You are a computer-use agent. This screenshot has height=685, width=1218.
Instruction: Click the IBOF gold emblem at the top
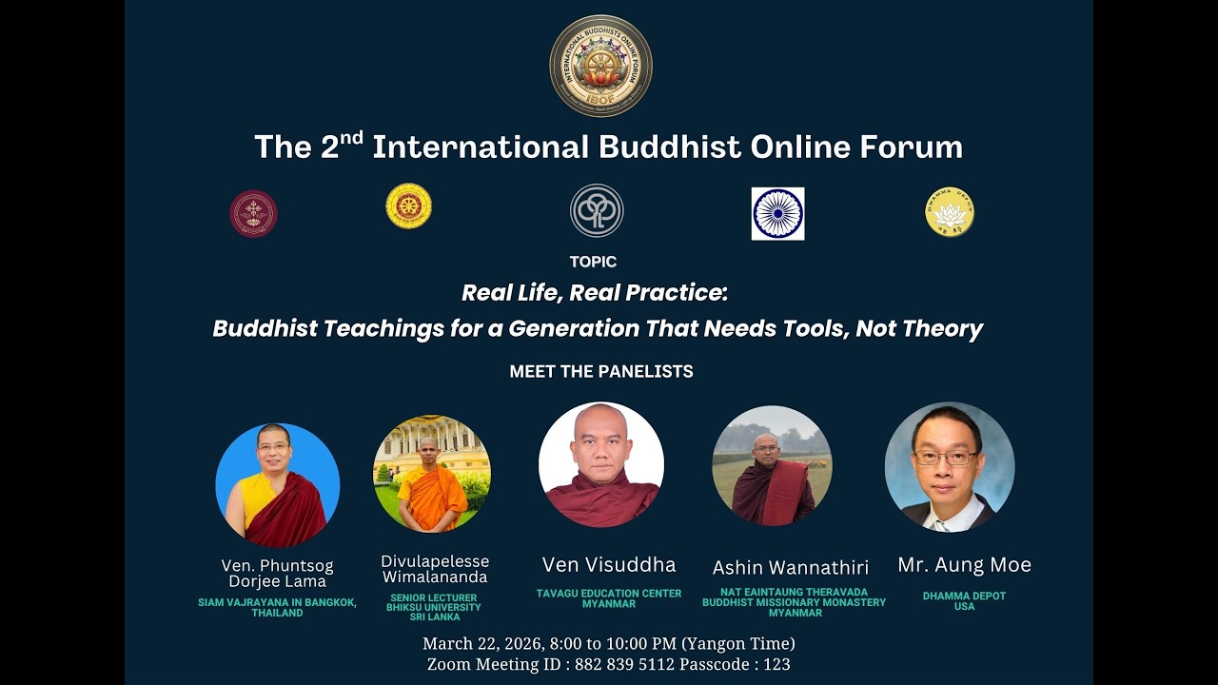(600, 66)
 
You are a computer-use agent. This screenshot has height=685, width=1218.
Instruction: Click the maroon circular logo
(253, 213)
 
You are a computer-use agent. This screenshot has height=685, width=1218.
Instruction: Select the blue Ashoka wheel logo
(777, 213)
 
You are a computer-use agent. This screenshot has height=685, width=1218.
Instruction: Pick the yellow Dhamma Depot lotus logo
(950, 211)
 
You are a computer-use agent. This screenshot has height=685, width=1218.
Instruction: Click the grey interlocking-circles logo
(597, 210)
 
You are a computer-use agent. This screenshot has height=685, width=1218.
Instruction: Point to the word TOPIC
(593, 262)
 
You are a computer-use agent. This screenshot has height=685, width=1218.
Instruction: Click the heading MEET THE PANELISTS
(601, 372)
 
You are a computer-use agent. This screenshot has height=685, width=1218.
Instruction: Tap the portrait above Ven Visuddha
(601, 464)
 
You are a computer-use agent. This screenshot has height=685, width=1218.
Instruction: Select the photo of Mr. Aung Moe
(949, 466)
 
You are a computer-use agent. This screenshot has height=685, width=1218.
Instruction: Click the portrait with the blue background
(277, 484)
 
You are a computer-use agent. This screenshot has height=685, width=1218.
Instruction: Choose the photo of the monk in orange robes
(432, 474)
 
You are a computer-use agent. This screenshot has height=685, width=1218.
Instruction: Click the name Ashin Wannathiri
(791, 568)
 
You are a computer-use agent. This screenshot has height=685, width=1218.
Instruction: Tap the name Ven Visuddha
(609, 565)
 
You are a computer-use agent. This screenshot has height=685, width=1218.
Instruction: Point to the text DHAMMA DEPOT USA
(964, 601)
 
